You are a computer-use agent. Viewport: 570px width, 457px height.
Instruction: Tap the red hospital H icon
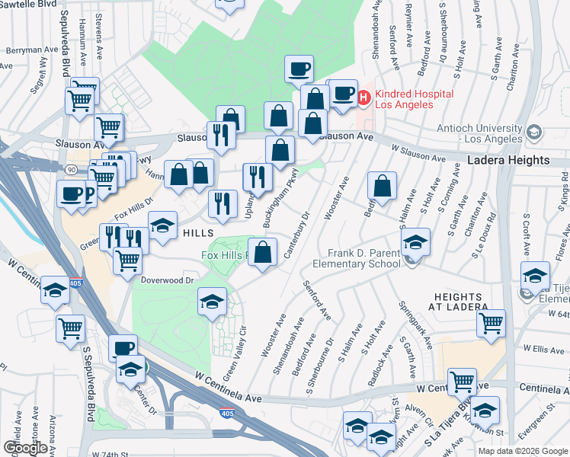tap(363, 96)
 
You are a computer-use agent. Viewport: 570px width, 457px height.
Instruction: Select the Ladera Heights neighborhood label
tap(508, 160)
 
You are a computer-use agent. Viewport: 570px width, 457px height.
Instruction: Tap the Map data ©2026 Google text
tap(523, 451)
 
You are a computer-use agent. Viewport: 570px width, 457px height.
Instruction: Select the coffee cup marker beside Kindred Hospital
tap(344, 94)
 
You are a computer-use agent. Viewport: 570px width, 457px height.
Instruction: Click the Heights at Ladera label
tap(460, 301)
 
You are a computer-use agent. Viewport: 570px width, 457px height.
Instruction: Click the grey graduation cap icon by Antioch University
tap(535, 133)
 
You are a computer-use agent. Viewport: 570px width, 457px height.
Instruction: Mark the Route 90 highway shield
tap(70, 168)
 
